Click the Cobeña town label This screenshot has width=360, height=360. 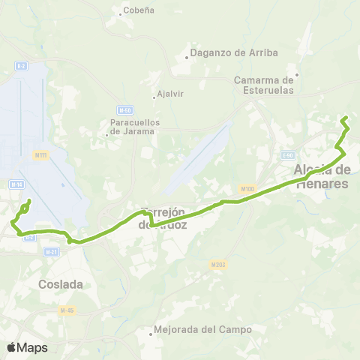pyautogui.click(x=139, y=10)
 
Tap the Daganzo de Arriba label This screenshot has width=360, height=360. pyautogui.click(x=235, y=52)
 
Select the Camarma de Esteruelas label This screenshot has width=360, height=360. pyautogui.click(x=267, y=85)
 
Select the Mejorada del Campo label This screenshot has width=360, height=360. pyautogui.click(x=202, y=329)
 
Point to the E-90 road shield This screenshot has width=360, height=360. pyautogui.click(x=287, y=155)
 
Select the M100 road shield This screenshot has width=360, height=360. pyautogui.click(x=248, y=188)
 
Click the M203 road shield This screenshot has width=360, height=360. pyautogui.click(x=218, y=265)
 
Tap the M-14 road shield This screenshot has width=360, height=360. pyautogui.click(x=16, y=184)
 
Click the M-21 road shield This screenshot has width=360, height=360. pyautogui.click(x=51, y=252)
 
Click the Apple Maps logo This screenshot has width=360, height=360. pyautogui.click(x=27, y=347)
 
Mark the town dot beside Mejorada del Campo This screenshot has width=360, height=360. pyautogui.click(x=151, y=334)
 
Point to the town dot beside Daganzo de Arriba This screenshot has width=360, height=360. pyautogui.click(x=187, y=58)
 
